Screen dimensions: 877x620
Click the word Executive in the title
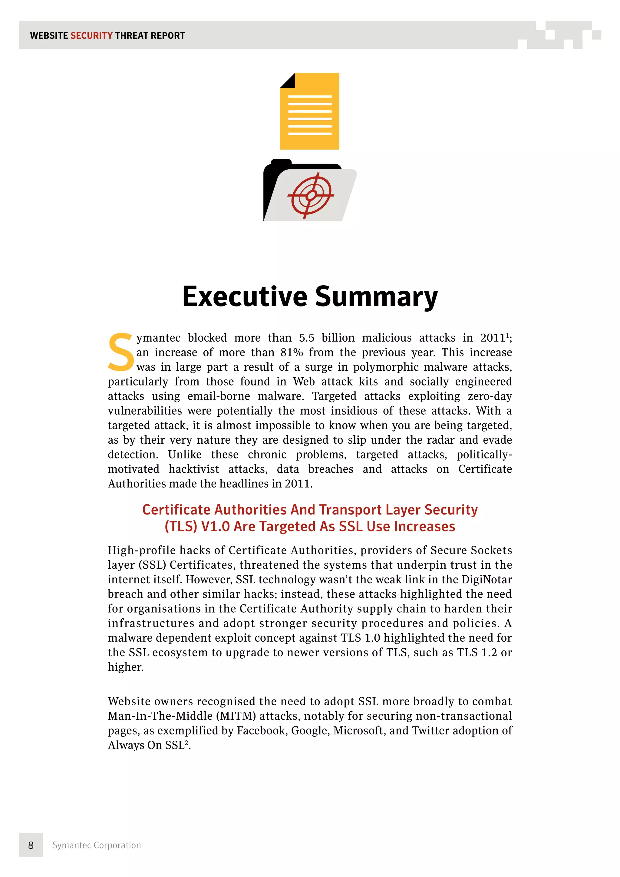click(245, 297)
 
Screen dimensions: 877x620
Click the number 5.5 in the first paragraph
click(307, 338)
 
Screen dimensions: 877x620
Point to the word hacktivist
click(194, 469)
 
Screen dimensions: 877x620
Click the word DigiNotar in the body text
click(486, 579)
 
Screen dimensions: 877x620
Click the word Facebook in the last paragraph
click(262, 730)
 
